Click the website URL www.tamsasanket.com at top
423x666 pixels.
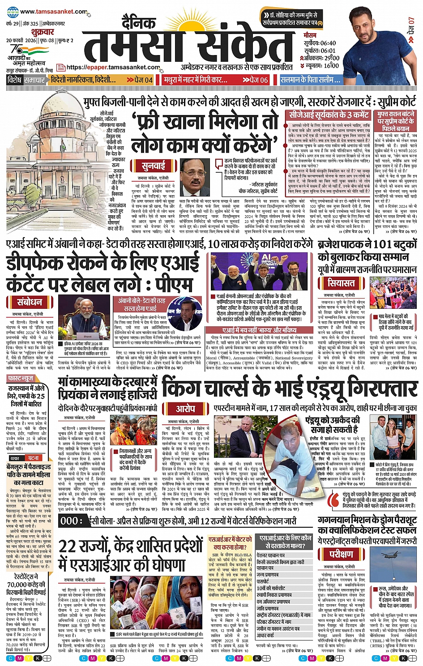[x=53, y=12]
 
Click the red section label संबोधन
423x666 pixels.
[x=30, y=302]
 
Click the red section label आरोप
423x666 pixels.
[x=185, y=409]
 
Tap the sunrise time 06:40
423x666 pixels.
[x=328, y=43]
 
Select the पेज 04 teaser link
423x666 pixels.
[x=140, y=80]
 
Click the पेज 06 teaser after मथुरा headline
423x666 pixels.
[x=255, y=80]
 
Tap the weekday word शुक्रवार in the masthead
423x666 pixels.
[x=43, y=32]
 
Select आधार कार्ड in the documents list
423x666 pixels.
[x=265, y=635]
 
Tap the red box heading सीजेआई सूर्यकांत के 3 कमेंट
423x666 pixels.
[x=329, y=115]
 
